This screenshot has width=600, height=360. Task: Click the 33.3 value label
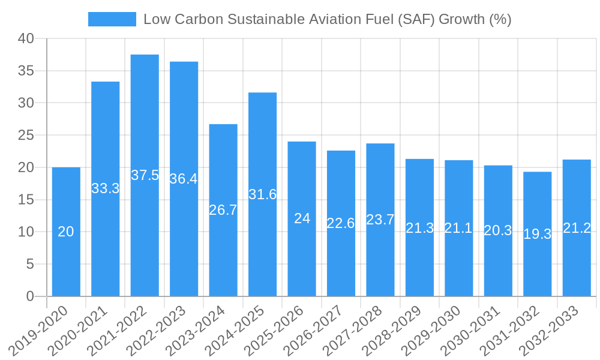click(x=106, y=188)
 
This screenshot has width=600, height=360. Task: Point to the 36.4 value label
click(x=184, y=179)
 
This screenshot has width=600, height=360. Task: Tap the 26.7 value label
click(x=223, y=210)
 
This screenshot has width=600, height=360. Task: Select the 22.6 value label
click(x=341, y=223)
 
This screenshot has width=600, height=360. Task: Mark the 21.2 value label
click(x=577, y=228)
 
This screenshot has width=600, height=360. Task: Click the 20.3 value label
click(x=498, y=230)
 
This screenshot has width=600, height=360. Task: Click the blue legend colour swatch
click(x=112, y=19)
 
